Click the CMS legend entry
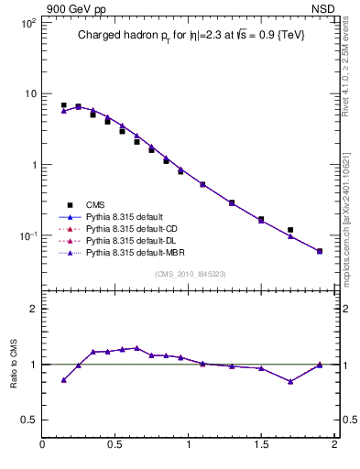pos(95,204)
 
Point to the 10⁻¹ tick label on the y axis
pos(27,235)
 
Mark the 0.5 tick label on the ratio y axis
pos(27,420)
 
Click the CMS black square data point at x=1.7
pos(290,230)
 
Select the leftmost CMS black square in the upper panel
pos(63,105)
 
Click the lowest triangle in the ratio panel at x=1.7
pos(290,381)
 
